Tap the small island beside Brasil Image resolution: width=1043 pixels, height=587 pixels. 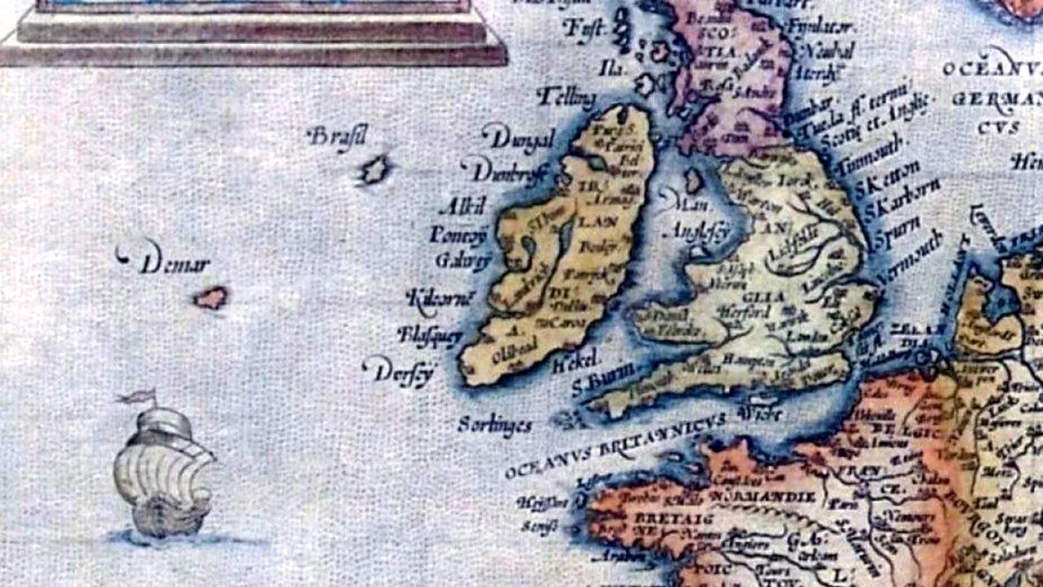click(375, 170)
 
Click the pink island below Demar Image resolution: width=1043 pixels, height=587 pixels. click(211, 298)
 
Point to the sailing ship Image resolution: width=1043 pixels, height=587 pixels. click(163, 473)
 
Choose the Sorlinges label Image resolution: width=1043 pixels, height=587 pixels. click(495, 425)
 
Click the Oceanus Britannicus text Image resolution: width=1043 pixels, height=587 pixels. click(615, 445)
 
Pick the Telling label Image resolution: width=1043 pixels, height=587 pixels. click(566, 98)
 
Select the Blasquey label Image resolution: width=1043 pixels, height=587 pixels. click(429, 334)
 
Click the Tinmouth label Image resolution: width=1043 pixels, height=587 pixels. click(878, 156)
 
